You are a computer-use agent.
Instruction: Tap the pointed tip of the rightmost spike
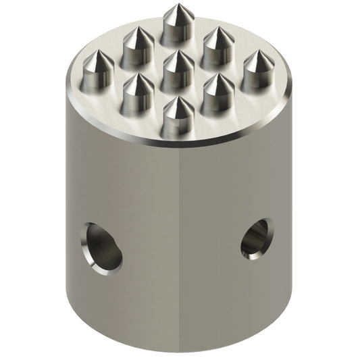[258, 51]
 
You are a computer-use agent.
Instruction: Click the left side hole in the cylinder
[102, 248]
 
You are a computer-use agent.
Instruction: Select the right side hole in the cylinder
[256, 238]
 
